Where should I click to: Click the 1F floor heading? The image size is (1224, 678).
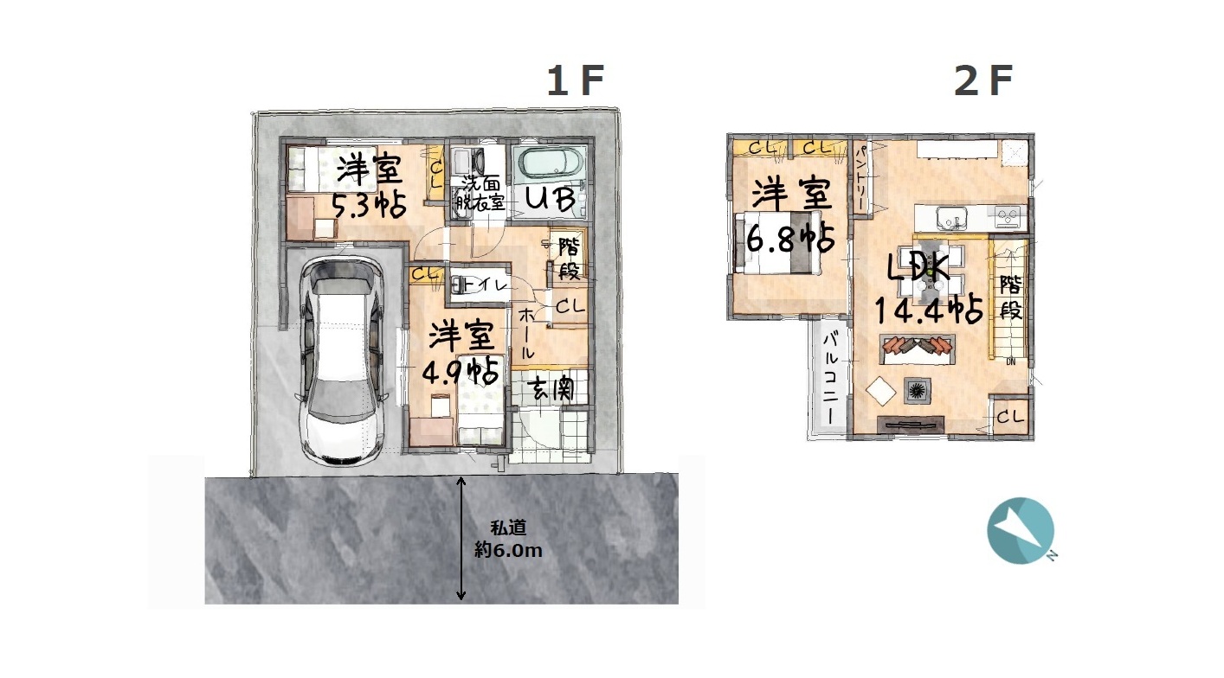[x=576, y=80]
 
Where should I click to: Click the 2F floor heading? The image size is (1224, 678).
[x=983, y=80]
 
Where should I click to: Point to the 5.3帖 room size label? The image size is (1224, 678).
[x=370, y=207]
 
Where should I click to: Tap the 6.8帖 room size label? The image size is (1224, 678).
[x=790, y=239]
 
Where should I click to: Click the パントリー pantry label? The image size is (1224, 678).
[x=859, y=178]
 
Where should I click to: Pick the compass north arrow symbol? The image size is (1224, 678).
[x=1021, y=530]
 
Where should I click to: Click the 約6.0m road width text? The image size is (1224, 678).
[x=508, y=550]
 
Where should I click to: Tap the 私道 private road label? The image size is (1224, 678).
[x=508, y=528]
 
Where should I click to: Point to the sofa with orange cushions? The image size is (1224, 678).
[x=918, y=349]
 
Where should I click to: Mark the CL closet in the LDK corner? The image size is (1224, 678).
[x=1010, y=418]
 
